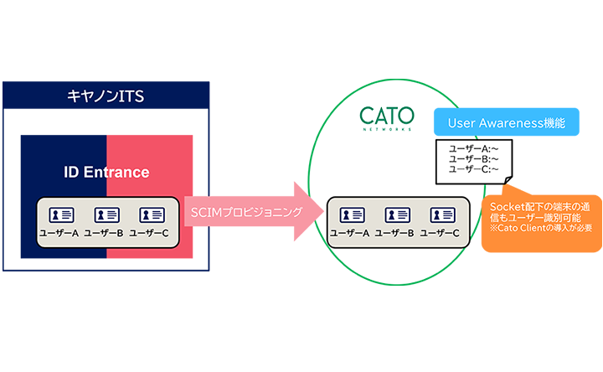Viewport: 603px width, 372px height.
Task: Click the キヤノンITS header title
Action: [x=106, y=96]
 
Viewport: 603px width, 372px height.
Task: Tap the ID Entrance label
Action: [x=106, y=172]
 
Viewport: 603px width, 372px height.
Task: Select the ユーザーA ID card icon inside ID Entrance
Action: [x=61, y=214]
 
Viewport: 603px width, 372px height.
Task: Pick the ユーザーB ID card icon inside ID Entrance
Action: [x=107, y=214]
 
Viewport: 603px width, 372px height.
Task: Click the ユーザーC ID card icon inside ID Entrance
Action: [x=152, y=214]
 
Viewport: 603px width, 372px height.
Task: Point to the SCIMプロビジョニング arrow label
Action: [x=246, y=212]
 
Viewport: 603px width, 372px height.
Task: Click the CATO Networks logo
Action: [x=386, y=118]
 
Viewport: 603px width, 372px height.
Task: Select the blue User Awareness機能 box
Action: [x=507, y=122]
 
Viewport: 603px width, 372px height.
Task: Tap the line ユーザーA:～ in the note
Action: [x=473, y=148]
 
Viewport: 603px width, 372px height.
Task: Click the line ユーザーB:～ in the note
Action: [x=473, y=159]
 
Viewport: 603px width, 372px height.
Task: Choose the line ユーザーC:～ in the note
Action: [x=473, y=169]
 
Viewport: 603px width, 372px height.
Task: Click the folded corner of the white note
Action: [x=508, y=180]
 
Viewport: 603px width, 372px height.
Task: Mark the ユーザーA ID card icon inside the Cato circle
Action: [x=353, y=214]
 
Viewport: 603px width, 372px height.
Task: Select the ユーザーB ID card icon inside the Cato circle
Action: [x=398, y=214]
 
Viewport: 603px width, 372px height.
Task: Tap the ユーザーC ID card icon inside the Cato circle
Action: [x=443, y=214]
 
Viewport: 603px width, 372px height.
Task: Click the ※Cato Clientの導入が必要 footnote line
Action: [x=541, y=228]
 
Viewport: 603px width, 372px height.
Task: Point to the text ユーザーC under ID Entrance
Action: [x=149, y=233]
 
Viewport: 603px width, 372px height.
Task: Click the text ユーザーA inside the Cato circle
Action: [x=349, y=233]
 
